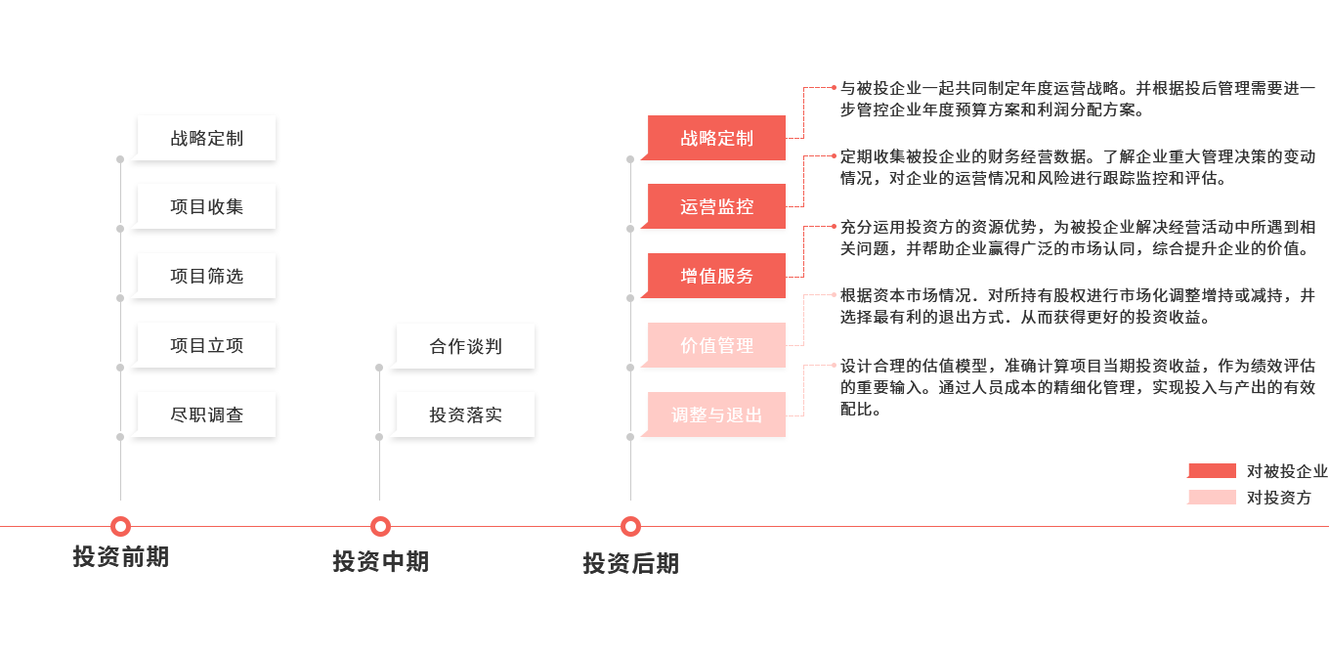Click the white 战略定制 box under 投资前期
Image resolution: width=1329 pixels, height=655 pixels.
pyautogui.click(x=206, y=138)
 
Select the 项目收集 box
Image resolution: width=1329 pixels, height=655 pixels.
pyautogui.click(x=206, y=207)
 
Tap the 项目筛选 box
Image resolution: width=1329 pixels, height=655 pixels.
pyautogui.click(x=206, y=277)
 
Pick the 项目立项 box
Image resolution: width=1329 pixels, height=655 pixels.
pyautogui.click(x=206, y=346)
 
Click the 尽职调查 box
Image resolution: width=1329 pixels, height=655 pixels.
pyautogui.click(x=206, y=415)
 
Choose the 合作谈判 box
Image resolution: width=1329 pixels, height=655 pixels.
pyautogui.click(x=465, y=346)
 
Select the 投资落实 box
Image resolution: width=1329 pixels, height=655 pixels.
pyautogui.click(x=465, y=415)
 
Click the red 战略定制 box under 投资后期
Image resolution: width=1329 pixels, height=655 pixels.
pyautogui.click(x=716, y=138)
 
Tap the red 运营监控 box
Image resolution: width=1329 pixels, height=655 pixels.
pyautogui.click(x=716, y=207)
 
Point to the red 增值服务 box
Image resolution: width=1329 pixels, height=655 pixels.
pyautogui.click(x=716, y=277)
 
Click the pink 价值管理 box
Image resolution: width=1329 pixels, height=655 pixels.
pyautogui.click(x=716, y=346)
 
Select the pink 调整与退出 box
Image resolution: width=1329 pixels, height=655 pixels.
pyautogui.click(x=716, y=415)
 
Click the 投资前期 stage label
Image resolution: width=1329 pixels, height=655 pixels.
pyautogui.click(x=120, y=557)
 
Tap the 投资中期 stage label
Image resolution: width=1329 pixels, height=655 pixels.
pyautogui.click(x=380, y=562)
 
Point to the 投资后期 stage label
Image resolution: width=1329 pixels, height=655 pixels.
pyautogui.click(x=630, y=564)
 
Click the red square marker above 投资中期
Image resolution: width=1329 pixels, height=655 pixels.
pyautogui.click(x=380, y=526)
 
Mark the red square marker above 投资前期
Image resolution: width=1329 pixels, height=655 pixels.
pyautogui.click(x=120, y=526)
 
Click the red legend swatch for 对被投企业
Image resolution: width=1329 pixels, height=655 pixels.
pyautogui.click(x=1212, y=471)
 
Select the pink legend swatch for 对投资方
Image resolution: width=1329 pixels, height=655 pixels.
pyautogui.click(x=1212, y=498)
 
